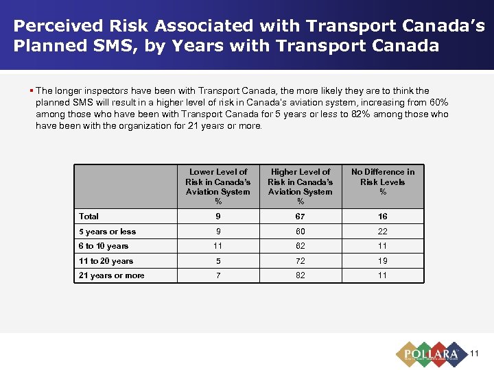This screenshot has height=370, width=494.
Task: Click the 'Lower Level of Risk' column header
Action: click(x=217, y=186)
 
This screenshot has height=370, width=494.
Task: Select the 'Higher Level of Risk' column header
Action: click(x=300, y=186)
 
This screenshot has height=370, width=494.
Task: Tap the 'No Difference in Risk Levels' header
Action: click(x=383, y=182)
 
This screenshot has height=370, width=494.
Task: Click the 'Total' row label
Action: click(x=89, y=217)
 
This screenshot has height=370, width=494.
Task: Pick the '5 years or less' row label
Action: click(x=107, y=232)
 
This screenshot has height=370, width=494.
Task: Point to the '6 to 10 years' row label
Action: click(x=104, y=246)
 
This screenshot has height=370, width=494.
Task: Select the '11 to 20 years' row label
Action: click(x=106, y=261)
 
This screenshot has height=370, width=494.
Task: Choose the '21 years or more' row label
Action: click(x=111, y=275)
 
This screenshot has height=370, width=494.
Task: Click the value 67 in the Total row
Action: click(x=300, y=217)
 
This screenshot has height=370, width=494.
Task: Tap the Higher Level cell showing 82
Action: click(x=300, y=275)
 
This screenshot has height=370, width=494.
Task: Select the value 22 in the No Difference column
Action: click(x=383, y=232)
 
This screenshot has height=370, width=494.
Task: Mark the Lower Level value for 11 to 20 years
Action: click(x=217, y=261)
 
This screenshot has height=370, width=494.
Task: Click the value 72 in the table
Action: click(x=300, y=261)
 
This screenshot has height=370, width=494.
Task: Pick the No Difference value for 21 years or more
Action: click(x=383, y=275)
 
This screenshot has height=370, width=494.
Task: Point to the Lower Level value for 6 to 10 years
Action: click(x=217, y=246)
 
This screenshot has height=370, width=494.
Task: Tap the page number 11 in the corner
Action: click(x=474, y=354)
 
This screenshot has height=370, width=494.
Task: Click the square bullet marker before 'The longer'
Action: click(x=32, y=90)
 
